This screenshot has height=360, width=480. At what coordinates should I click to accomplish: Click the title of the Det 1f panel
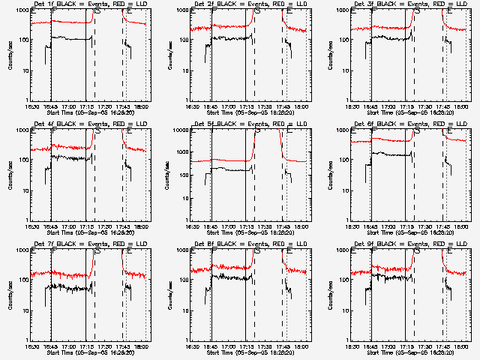coord(89,4)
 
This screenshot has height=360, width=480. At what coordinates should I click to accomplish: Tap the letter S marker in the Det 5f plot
coord(258,131)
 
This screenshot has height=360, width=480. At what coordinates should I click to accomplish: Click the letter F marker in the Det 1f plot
coord(52,11)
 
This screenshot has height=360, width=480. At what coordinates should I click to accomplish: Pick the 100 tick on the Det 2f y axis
coord(182,40)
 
